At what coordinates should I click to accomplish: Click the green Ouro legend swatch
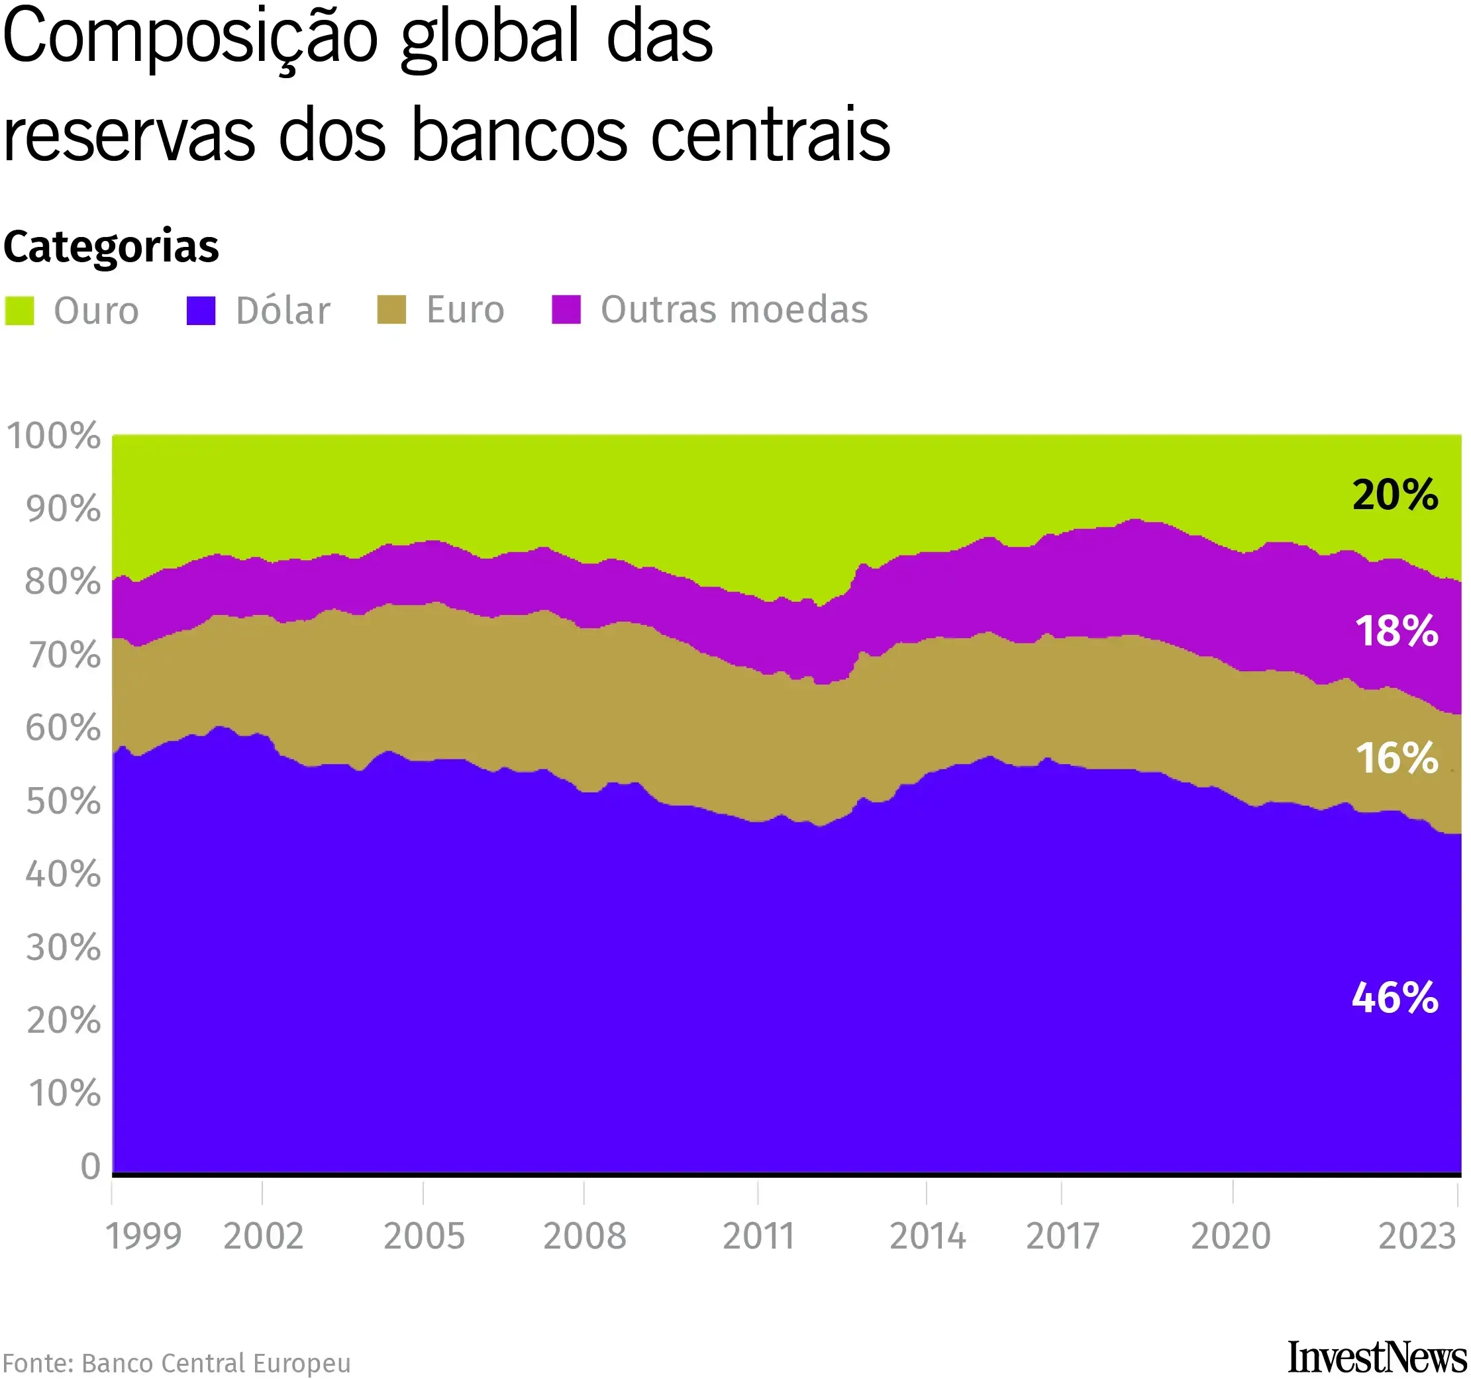(x=19, y=310)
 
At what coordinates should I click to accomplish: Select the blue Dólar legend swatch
(x=201, y=310)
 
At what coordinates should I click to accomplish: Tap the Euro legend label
(x=465, y=310)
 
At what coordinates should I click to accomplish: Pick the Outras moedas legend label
(x=734, y=310)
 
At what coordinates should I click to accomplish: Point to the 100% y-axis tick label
(x=53, y=436)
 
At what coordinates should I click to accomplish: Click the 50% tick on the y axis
(x=63, y=801)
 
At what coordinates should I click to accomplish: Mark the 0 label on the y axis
(x=90, y=1166)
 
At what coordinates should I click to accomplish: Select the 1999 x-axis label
(x=144, y=1236)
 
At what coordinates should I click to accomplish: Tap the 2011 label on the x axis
(x=758, y=1236)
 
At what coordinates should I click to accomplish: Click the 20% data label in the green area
(x=1395, y=495)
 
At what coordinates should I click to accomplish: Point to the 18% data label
(x=1396, y=632)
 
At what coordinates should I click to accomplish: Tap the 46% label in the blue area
(x=1395, y=998)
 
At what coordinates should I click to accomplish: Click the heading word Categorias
(x=111, y=246)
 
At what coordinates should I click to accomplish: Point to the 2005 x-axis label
(x=424, y=1236)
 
